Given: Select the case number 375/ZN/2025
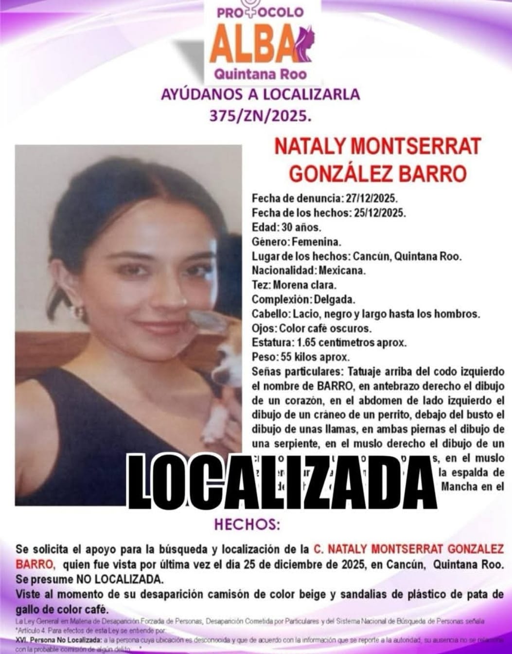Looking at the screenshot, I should [x=260, y=116].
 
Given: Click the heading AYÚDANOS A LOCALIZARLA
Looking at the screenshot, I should [x=260, y=94].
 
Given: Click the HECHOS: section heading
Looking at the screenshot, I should [x=247, y=525].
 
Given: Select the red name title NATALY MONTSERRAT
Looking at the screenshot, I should [x=377, y=146].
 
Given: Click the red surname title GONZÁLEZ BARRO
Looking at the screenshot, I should [x=377, y=174].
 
